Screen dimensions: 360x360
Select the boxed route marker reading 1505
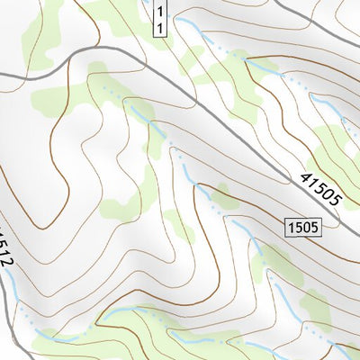click(x=304, y=228)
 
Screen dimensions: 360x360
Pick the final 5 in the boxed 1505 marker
click(x=314, y=228)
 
